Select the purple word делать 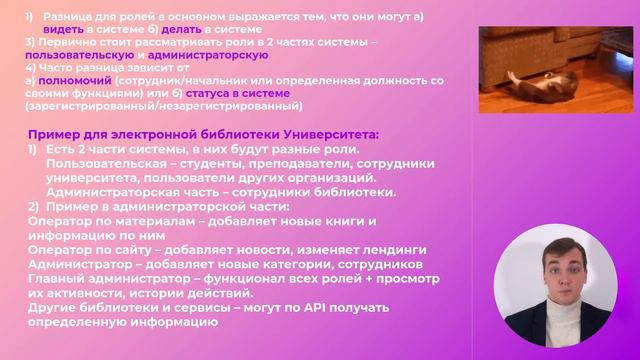(x=181, y=29)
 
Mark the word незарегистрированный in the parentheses (x=237, y=106)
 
